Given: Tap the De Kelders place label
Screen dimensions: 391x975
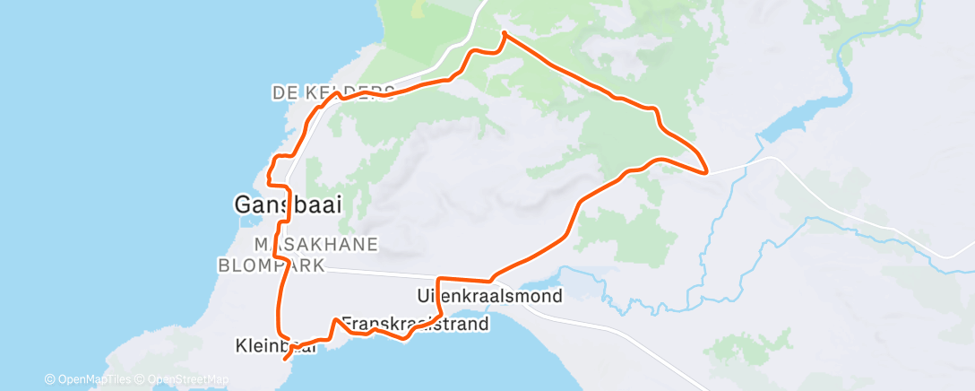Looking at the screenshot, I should (x=332, y=92).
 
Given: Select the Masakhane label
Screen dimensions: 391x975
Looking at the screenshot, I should (x=316, y=244).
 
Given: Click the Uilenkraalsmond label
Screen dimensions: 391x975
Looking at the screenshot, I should (x=489, y=295).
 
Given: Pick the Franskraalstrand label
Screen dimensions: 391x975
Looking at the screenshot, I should (x=415, y=324).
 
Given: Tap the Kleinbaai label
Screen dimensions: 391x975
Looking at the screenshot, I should (x=275, y=345).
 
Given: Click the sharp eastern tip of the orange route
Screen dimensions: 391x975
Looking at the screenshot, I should (x=708, y=170).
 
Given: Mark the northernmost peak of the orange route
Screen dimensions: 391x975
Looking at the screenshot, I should (x=504, y=33).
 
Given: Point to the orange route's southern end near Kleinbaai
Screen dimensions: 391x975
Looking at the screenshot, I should (x=286, y=359).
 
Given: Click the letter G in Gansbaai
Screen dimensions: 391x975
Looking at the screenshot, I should (x=242, y=205).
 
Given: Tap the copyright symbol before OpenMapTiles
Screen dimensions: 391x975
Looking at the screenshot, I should (x=50, y=379).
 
